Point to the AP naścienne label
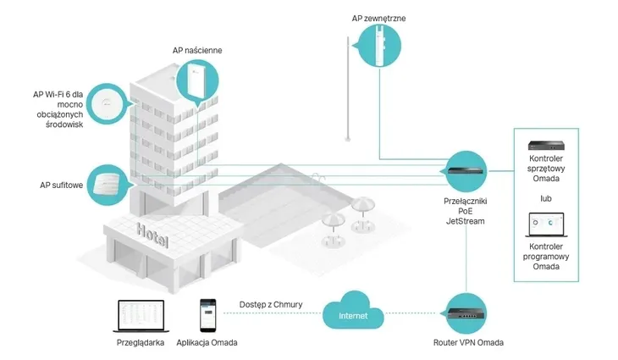(x=196, y=51)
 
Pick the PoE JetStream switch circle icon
(x=467, y=172)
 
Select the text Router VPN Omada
(x=467, y=344)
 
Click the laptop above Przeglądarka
(x=139, y=315)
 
